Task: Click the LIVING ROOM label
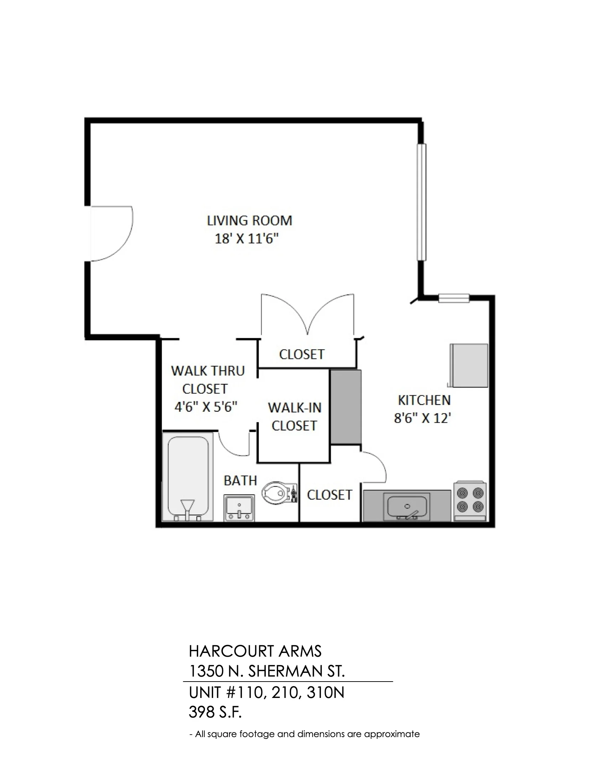pos(249,220)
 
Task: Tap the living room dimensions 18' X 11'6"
pos(247,239)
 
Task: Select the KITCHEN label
pos(424,400)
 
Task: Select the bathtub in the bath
pos(188,477)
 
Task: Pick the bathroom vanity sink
pos(240,508)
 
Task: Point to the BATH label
pos(241,480)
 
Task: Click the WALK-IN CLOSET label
pos(294,416)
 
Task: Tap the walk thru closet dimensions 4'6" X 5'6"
pos(206,407)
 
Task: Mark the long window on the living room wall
pos(421,202)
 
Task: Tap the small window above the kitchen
pos(454,298)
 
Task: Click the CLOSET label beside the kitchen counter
pos(330,495)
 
